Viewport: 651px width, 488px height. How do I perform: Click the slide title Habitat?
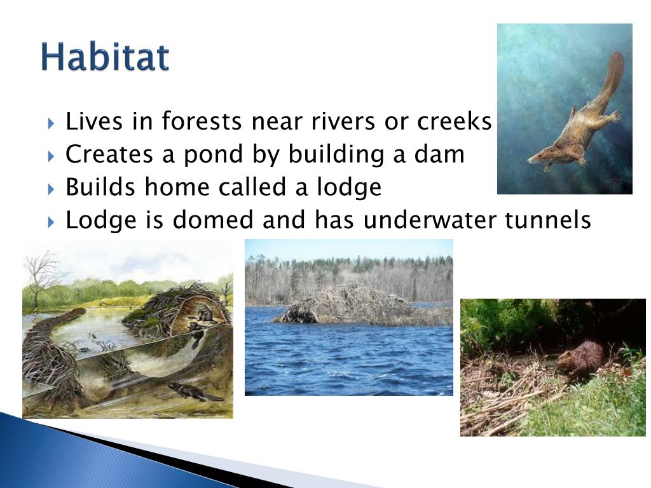click(105, 57)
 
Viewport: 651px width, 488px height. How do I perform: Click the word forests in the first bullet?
click(202, 121)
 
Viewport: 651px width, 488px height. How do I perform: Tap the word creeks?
click(454, 121)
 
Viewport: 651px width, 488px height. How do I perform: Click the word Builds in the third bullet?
click(100, 187)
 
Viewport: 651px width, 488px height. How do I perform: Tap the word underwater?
click(429, 219)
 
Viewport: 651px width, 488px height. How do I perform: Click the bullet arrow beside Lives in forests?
click(51, 123)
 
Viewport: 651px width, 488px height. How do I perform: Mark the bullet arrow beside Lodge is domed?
click(51, 222)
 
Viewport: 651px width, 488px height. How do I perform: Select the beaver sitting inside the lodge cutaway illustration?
click(204, 313)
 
